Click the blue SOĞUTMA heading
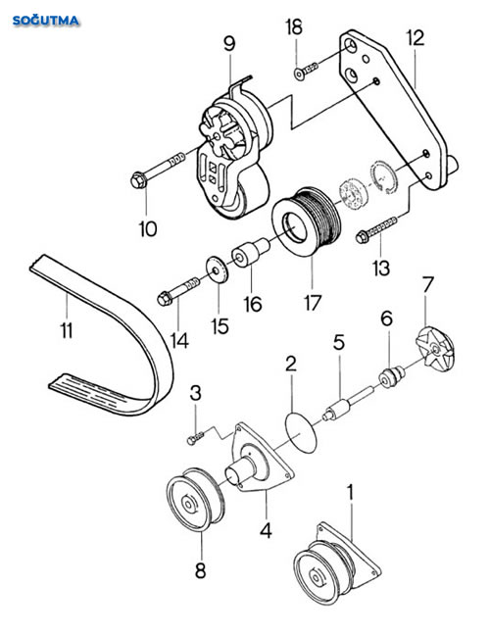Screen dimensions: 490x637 click(46, 21)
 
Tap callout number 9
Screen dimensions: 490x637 click(229, 43)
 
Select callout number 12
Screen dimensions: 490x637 click(416, 38)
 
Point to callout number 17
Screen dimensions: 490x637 click(313, 302)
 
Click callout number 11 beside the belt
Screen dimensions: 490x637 click(67, 330)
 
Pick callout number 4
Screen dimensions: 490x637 click(266, 530)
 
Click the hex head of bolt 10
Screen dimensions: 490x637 click(139, 180)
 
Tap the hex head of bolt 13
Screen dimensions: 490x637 click(362, 236)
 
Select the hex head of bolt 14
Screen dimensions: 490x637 click(165, 299)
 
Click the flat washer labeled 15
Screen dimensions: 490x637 click(217, 269)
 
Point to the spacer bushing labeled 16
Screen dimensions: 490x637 click(250, 253)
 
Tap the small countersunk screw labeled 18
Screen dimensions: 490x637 click(306, 71)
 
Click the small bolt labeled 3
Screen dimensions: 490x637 click(195, 438)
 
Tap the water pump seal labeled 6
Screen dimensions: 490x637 click(392, 376)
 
